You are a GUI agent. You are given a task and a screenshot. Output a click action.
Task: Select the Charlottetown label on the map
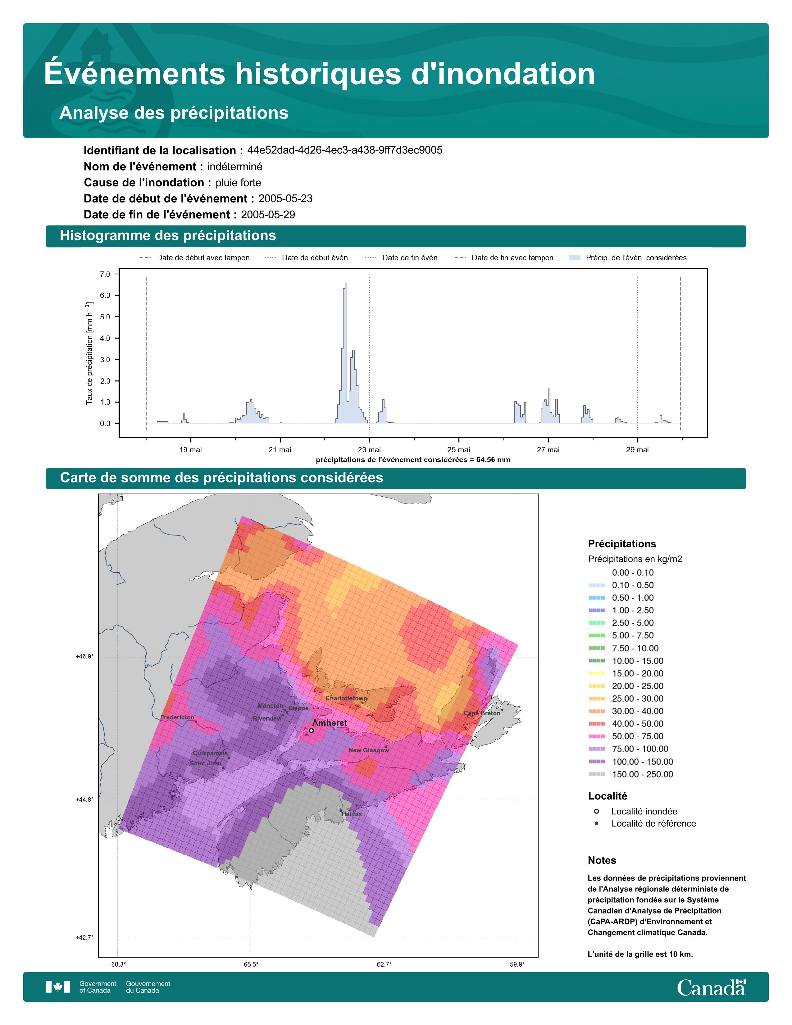point(346,698)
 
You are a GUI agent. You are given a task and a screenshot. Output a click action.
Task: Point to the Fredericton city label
point(177,717)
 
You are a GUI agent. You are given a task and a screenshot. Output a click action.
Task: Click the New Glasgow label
point(369,750)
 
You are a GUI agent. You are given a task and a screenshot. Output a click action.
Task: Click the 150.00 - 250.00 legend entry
point(630,774)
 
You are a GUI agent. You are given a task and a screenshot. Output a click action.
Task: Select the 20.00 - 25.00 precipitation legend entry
point(626,686)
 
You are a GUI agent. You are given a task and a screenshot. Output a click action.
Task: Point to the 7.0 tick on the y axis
point(105,274)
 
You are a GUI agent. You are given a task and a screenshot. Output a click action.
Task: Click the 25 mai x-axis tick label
point(458,450)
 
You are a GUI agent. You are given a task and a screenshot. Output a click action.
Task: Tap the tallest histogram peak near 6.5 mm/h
point(346,284)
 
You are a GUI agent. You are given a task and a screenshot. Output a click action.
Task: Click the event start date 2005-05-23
point(285,198)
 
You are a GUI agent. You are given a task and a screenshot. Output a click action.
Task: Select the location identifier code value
point(345,150)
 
